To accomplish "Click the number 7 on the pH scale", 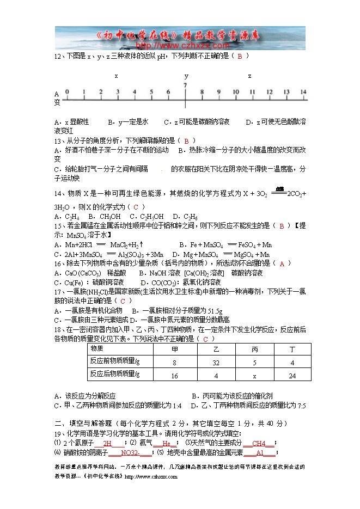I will tap(186, 85).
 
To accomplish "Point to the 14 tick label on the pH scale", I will tap(303, 92).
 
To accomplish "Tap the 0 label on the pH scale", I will tap(67, 92).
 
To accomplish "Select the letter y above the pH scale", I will tap(186, 76).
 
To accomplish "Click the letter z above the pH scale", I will tap(249, 76).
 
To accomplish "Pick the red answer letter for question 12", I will tap(240, 56).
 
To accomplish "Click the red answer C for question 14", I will tap(136, 207).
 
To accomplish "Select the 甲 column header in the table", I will tap(174, 348).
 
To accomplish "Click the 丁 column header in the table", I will tap(292, 348).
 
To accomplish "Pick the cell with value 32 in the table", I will tap(216, 362).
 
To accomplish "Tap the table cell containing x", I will tap(254, 376).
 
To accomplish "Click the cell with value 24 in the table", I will tap(292, 376).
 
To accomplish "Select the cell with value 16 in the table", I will tap(174, 376).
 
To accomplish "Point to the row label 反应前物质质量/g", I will tap(115, 361).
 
